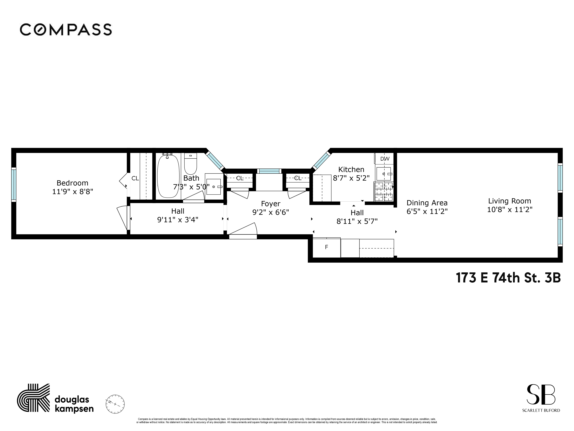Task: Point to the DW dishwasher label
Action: tap(385, 159)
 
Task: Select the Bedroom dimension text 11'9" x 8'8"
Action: tap(72, 192)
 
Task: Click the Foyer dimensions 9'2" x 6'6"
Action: tap(270, 212)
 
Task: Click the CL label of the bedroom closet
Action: tap(135, 178)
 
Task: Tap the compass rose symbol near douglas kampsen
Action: tap(115, 404)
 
